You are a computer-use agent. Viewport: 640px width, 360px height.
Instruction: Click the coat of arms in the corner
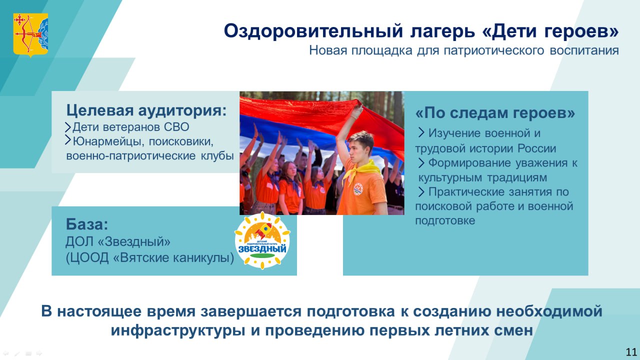[30, 35]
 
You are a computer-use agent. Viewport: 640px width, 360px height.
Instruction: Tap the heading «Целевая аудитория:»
[146, 110]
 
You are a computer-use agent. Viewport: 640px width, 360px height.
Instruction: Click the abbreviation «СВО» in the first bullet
[176, 127]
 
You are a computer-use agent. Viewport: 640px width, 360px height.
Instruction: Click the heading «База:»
[87, 224]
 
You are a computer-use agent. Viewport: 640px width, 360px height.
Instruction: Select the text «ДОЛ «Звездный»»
[118, 241]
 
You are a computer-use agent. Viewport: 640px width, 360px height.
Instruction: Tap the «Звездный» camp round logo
[262, 241]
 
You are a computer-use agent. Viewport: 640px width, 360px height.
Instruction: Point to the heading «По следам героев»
[495, 113]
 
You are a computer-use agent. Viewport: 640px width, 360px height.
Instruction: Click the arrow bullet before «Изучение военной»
[421, 132]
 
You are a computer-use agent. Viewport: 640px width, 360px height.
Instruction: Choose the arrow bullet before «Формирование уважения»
[421, 163]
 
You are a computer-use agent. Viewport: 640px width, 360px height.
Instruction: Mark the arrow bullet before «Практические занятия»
[421, 191]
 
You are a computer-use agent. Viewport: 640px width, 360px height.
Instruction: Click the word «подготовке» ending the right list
[445, 221]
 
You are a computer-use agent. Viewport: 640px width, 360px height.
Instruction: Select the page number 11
[631, 352]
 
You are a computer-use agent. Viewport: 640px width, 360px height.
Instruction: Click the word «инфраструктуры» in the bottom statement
[177, 330]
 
